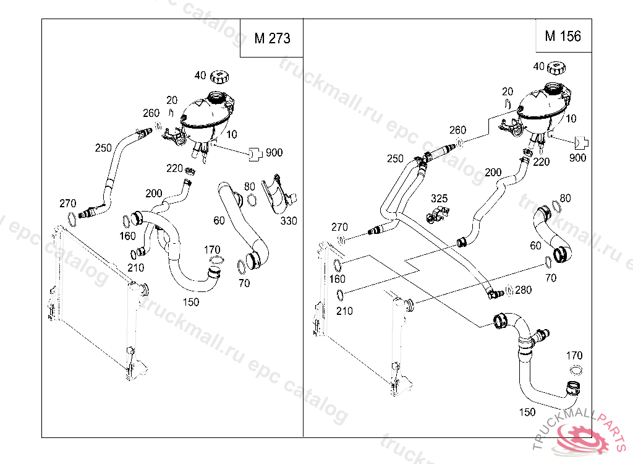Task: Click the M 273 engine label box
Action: click(271, 38)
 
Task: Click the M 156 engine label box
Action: click(563, 36)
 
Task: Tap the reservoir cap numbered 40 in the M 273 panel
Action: click(219, 77)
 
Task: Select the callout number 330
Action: click(289, 220)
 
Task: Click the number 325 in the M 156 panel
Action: click(439, 199)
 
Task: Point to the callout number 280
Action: click(523, 290)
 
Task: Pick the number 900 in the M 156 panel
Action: click(577, 158)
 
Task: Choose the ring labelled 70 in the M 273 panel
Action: click(239, 267)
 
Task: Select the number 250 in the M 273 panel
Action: click(103, 148)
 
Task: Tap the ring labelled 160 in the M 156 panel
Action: click(338, 266)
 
